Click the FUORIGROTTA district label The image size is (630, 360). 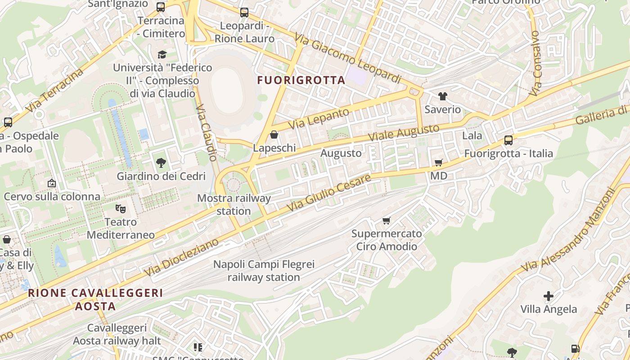301,80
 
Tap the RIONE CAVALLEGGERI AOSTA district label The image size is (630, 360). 95,300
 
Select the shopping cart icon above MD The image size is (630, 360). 439,162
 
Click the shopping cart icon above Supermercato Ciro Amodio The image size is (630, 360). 386,220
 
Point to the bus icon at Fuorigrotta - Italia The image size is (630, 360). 508,140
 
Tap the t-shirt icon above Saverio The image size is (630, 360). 443,96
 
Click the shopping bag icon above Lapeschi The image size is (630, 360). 274,135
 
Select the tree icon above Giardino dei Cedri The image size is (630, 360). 161,163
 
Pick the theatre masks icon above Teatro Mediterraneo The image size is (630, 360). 120,208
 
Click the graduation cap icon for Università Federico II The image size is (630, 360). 162,54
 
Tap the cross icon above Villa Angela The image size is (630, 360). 548,296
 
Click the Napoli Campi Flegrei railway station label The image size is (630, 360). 264,270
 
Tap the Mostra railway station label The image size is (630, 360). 234,204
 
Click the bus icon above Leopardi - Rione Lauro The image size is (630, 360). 244,13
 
